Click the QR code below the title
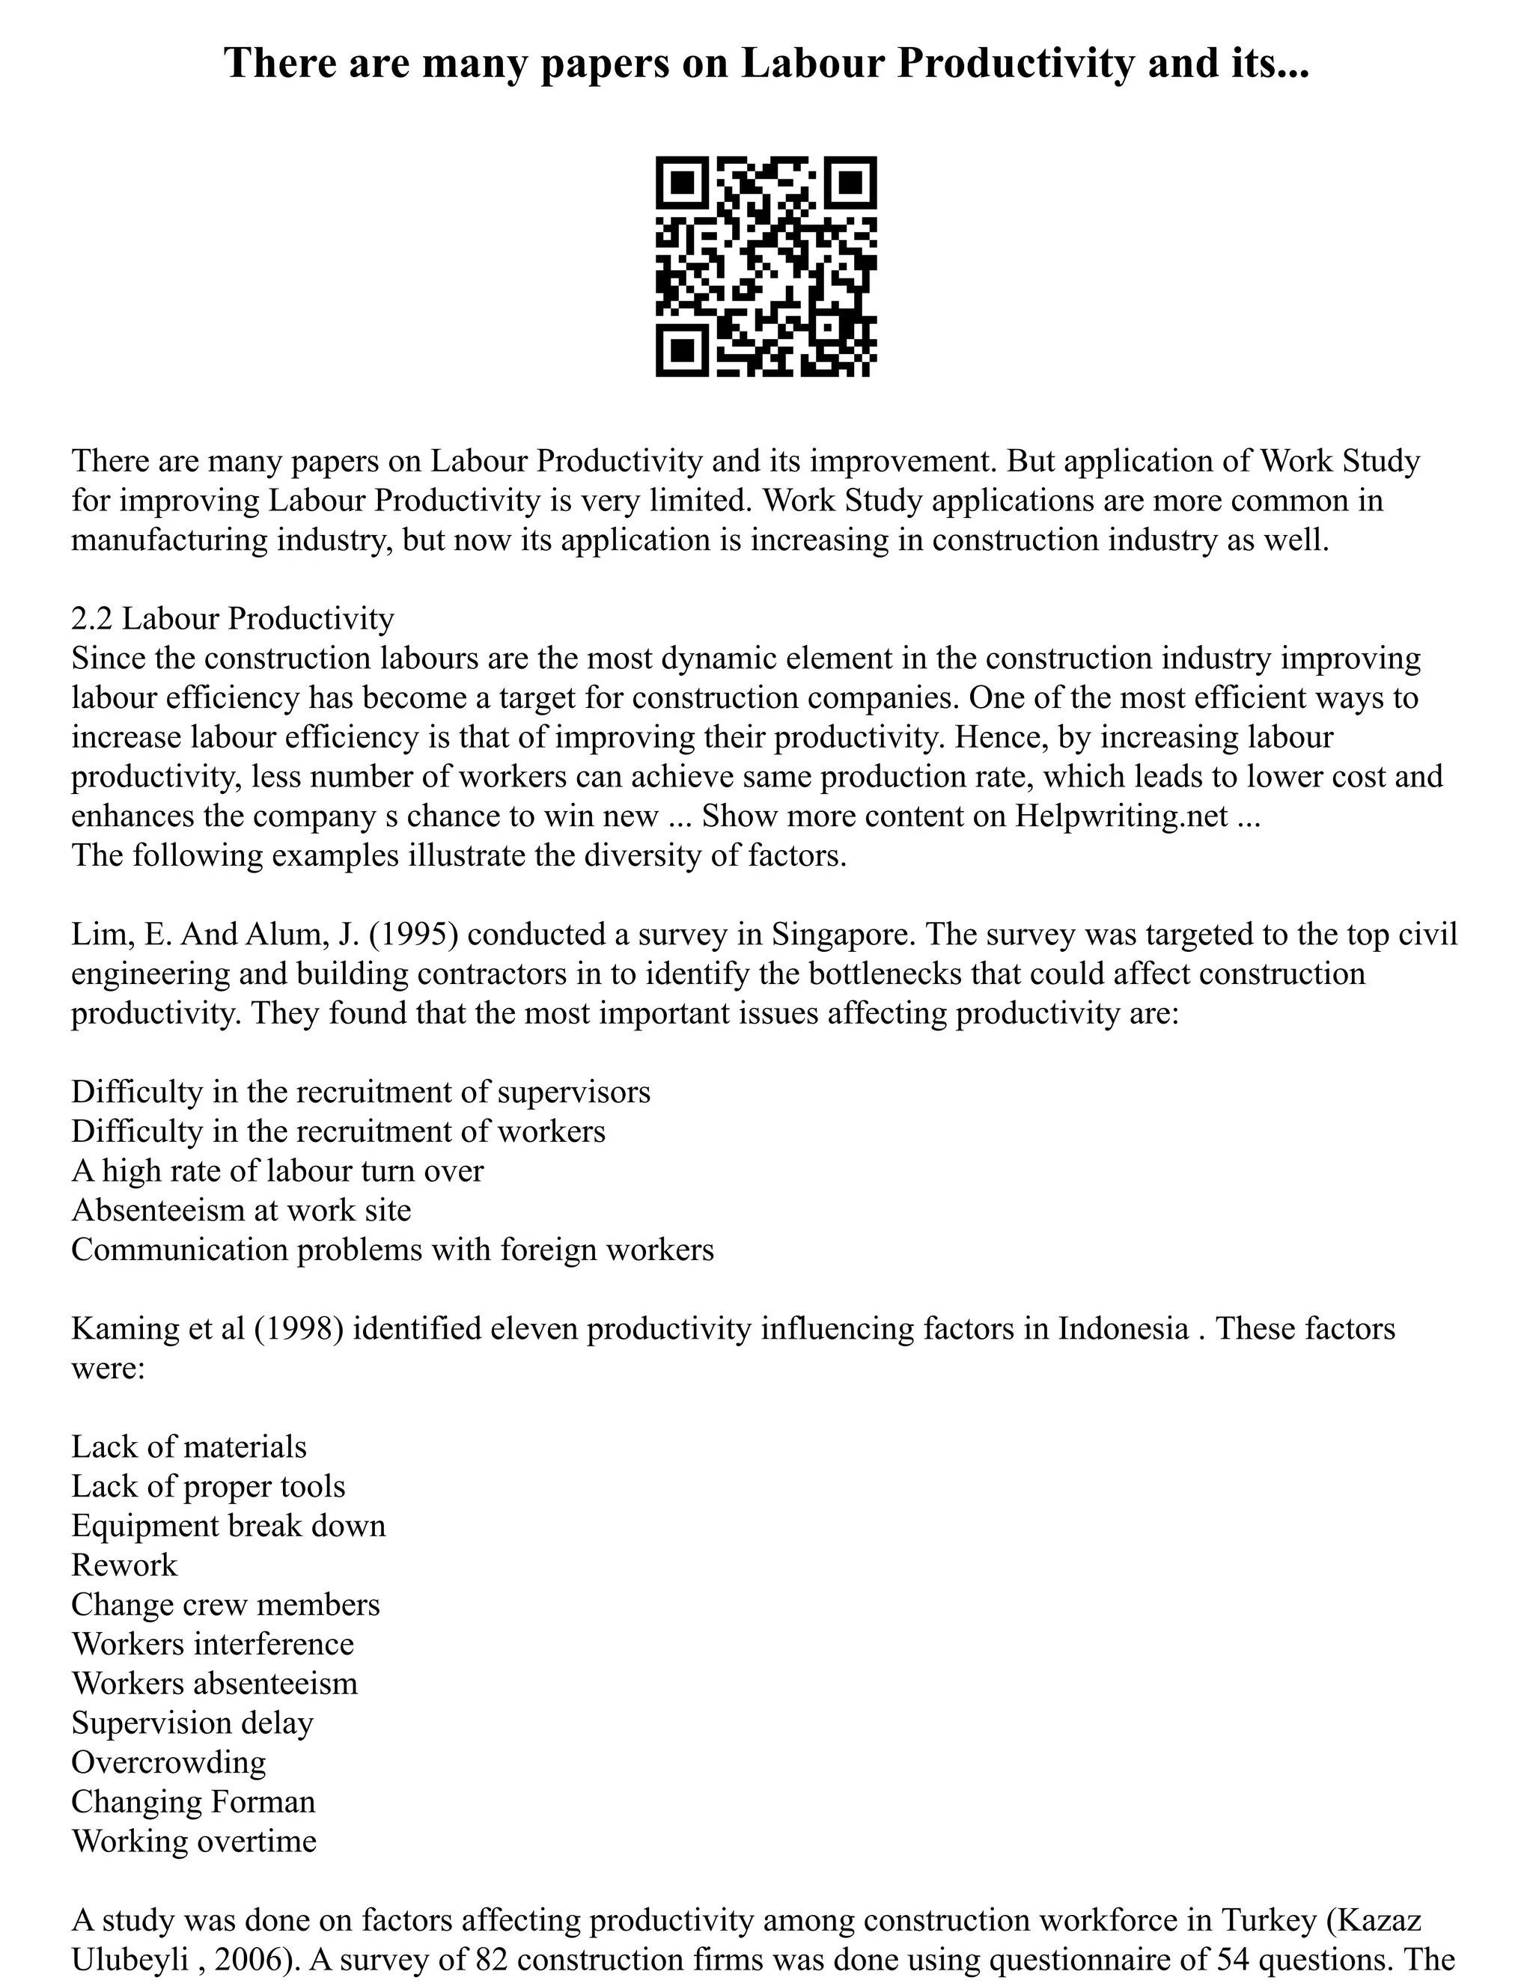pyautogui.click(x=766, y=266)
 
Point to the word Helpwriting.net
pyautogui.click(x=1121, y=816)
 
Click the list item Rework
pyautogui.click(x=124, y=1565)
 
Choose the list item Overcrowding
pyautogui.click(x=169, y=1762)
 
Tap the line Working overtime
pyautogui.click(x=195, y=1841)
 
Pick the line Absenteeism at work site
pyautogui.click(x=242, y=1210)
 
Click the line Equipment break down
pyautogui.click(x=229, y=1525)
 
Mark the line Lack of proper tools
pyautogui.click(x=209, y=1486)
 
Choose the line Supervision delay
pyautogui.click(x=192, y=1723)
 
